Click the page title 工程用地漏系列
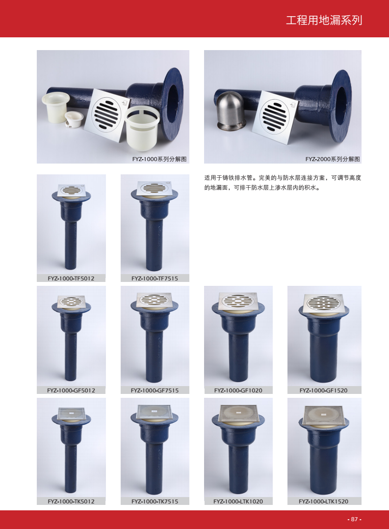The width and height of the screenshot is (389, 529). coord(324,20)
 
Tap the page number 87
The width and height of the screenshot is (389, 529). coord(354,519)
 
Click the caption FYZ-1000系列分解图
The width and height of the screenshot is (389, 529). coord(159,159)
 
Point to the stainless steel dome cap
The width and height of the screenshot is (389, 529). coord(231,111)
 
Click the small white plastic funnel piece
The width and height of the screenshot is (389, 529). coord(74,119)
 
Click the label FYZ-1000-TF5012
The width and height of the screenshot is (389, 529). coord(71,278)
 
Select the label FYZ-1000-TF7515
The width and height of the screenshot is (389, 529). coord(155,278)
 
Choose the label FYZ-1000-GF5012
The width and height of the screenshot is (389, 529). coord(71,390)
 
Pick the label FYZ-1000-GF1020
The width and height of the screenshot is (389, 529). coord(238,390)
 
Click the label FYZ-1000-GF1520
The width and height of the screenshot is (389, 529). coord(323,390)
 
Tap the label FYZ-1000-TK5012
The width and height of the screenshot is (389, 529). coord(71,501)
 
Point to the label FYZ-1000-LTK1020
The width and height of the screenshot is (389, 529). coord(238,501)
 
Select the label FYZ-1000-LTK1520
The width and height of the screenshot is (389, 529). coord(323,501)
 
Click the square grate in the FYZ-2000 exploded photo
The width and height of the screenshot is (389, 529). coord(275,117)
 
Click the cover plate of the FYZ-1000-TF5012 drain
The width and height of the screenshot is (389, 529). coord(71,190)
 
